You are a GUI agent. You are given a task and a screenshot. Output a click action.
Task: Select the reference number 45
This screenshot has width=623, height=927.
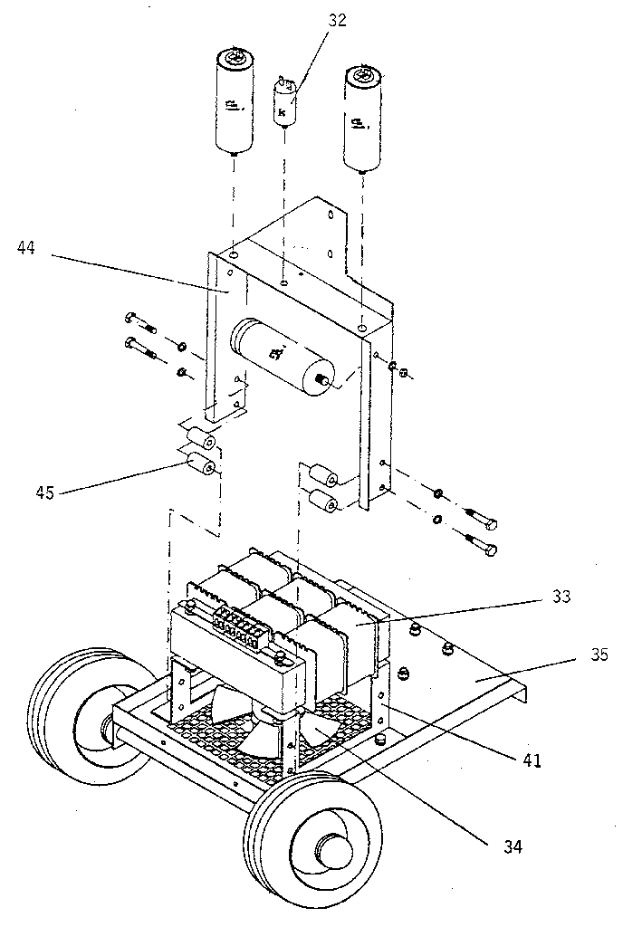pos(44,492)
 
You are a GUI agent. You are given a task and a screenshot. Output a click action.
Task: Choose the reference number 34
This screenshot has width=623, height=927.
pos(513,847)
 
